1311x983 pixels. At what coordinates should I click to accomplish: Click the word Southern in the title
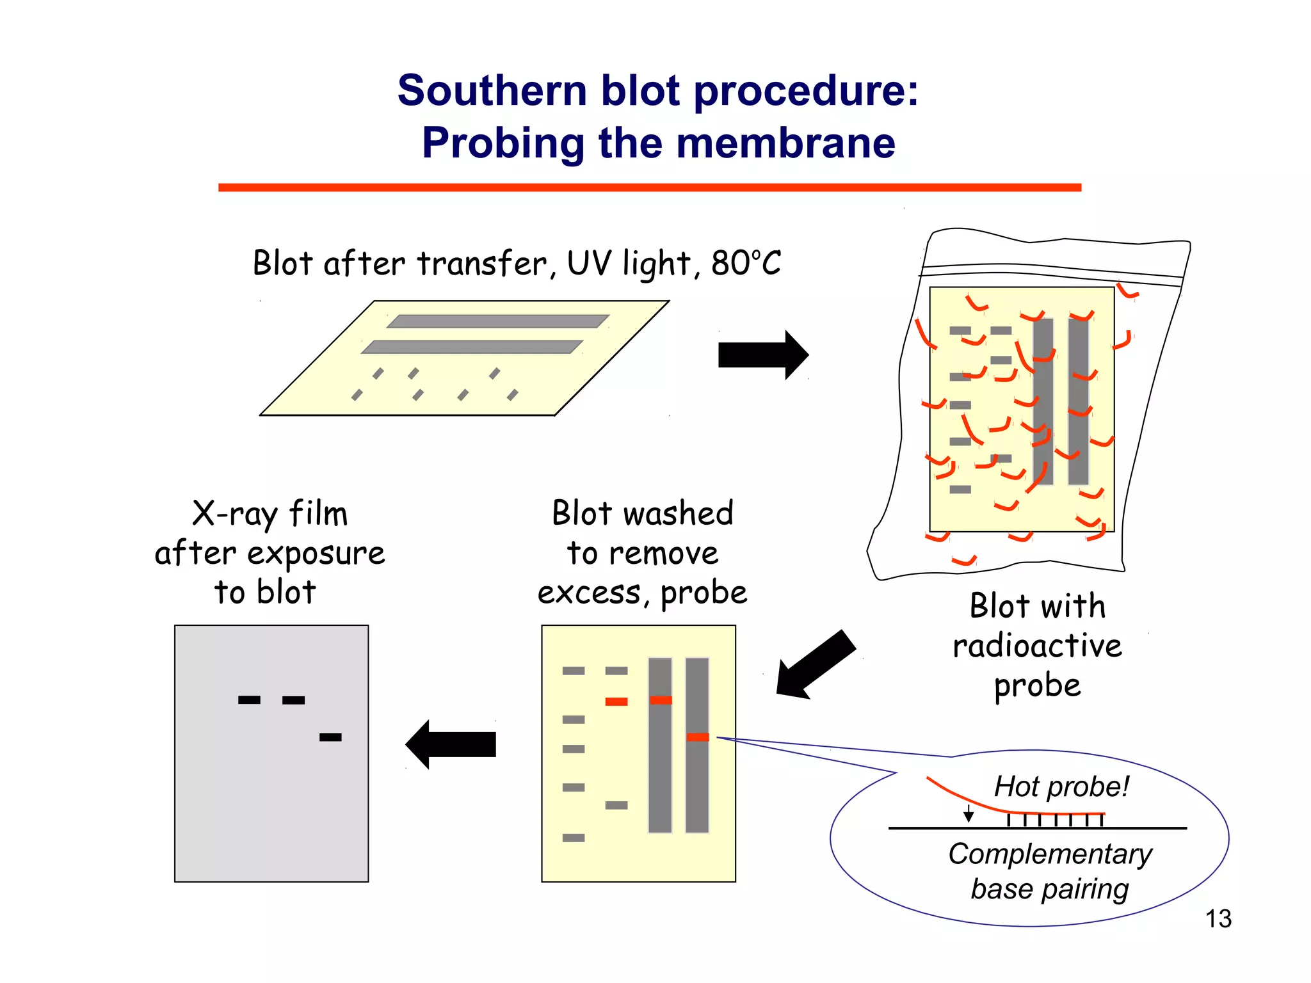tap(492, 90)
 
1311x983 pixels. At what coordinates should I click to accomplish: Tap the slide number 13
tap(1218, 918)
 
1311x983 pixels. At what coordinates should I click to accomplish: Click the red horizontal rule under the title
tap(649, 188)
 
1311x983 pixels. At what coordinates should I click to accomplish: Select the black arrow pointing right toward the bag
tap(762, 355)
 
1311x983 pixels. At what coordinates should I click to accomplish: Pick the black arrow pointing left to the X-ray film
tap(451, 744)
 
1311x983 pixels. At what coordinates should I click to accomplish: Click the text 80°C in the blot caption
tap(746, 263)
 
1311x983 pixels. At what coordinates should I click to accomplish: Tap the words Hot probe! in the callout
tap(1061, 787)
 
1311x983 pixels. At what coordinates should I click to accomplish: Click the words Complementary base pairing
tap(1050, 871)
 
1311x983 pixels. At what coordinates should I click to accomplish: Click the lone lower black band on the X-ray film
tap(330, 737)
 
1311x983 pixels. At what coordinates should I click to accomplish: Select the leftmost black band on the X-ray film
tap(249, 700)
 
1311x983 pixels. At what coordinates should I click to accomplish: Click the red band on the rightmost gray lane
tap(697, 737)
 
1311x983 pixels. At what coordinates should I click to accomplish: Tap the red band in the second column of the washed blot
tap(616, 702)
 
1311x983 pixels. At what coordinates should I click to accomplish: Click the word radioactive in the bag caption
tap(1037, 646)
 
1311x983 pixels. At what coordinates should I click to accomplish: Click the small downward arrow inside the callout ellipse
tap(969, 814)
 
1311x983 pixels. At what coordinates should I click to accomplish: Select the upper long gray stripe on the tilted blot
tap(497, 321)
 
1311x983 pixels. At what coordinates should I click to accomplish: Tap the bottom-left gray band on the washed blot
tap(573, 838)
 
